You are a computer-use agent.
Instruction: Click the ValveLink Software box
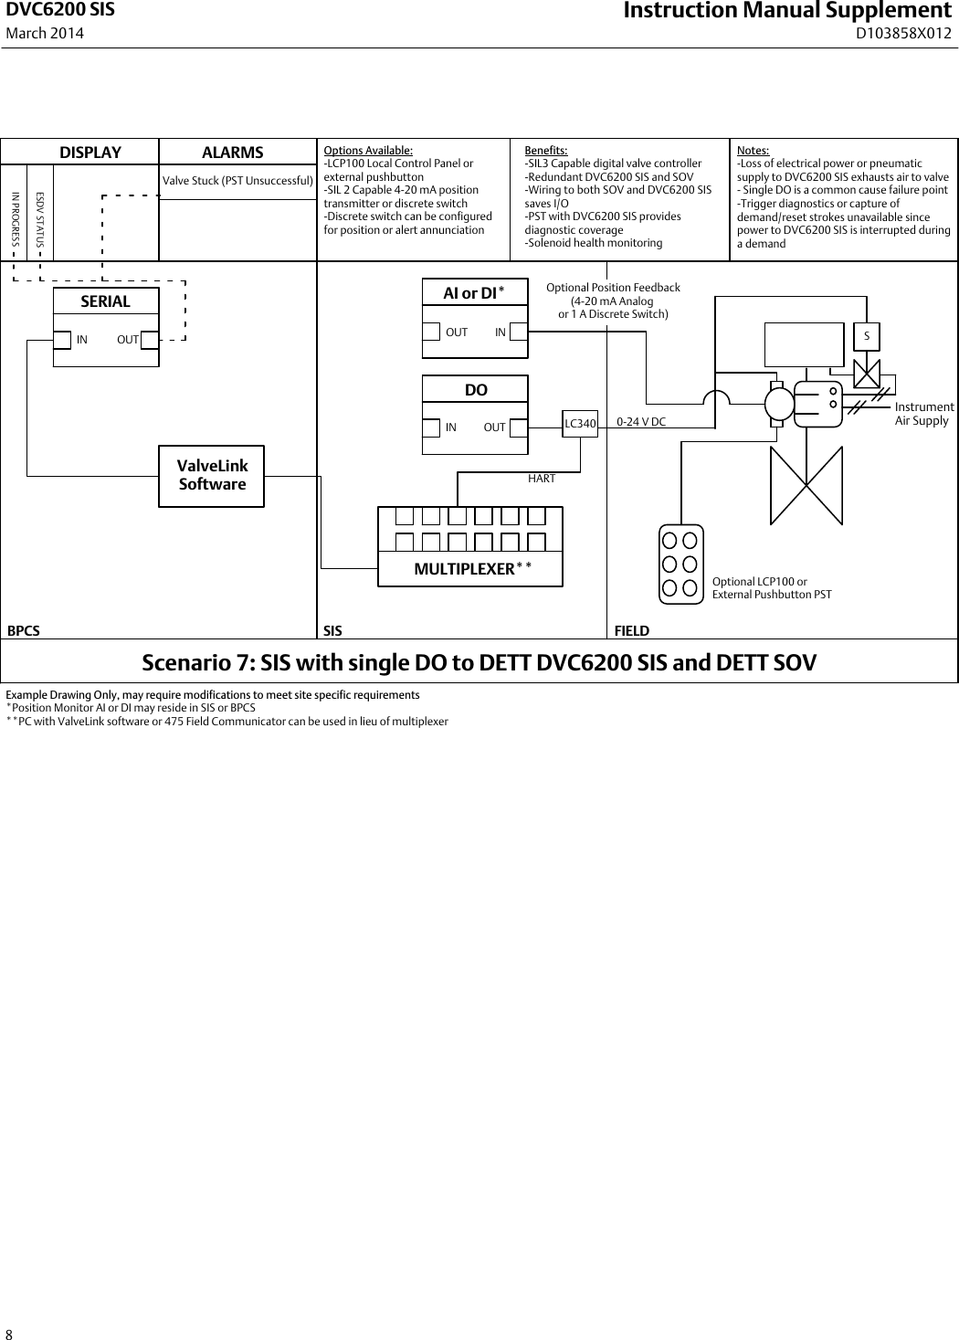click(212, 476)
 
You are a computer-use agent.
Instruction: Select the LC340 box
click(580, 423)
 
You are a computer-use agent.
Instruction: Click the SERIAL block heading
click(106, 301)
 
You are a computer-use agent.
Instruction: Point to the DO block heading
click(476, 390)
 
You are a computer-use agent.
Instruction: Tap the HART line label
click(542, 479)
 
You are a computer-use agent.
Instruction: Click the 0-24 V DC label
click(641, 422)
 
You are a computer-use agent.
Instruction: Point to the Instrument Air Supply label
click(923, 414)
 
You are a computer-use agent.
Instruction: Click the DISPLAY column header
click(90, 153)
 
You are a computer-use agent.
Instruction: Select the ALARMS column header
click(233, 153)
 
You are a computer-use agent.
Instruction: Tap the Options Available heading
click(368, 151)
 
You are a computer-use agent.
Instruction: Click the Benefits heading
click(546, 151)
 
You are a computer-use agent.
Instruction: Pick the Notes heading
click(753, 151)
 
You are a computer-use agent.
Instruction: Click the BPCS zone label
click(24, 630)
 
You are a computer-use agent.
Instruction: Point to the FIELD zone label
click(632, 630)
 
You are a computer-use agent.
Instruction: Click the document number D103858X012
click(903, 34)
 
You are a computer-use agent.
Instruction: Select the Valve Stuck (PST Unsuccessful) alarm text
click(237, 181)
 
